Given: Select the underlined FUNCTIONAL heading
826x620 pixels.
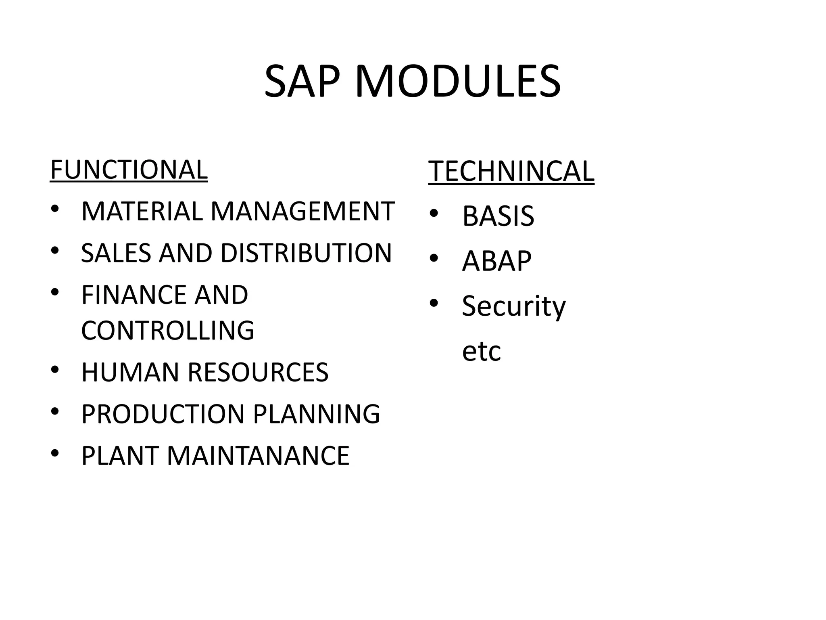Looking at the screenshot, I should click(129, 170).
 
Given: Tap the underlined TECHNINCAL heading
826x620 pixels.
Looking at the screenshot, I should click(511, 172).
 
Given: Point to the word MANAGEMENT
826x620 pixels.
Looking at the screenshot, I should click(302, 212).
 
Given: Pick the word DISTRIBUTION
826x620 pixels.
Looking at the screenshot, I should click(306, 253).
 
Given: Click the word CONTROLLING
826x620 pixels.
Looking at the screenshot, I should click(168, 330).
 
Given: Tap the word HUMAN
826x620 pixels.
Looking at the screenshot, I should click(130, 372).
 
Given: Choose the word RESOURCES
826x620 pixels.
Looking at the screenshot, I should click(258, 372).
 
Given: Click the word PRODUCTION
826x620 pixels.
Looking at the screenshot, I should click(163, 414).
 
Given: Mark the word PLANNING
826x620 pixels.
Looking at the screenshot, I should click(317, 414).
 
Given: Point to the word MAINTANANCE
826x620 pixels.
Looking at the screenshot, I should click(258, 456).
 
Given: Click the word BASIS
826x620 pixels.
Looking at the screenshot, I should click(498, 216).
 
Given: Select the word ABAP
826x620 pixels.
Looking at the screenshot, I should click(496, 261).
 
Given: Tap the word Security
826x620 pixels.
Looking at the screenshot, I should click(514, 306).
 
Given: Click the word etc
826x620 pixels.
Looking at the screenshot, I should click(481, 351).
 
